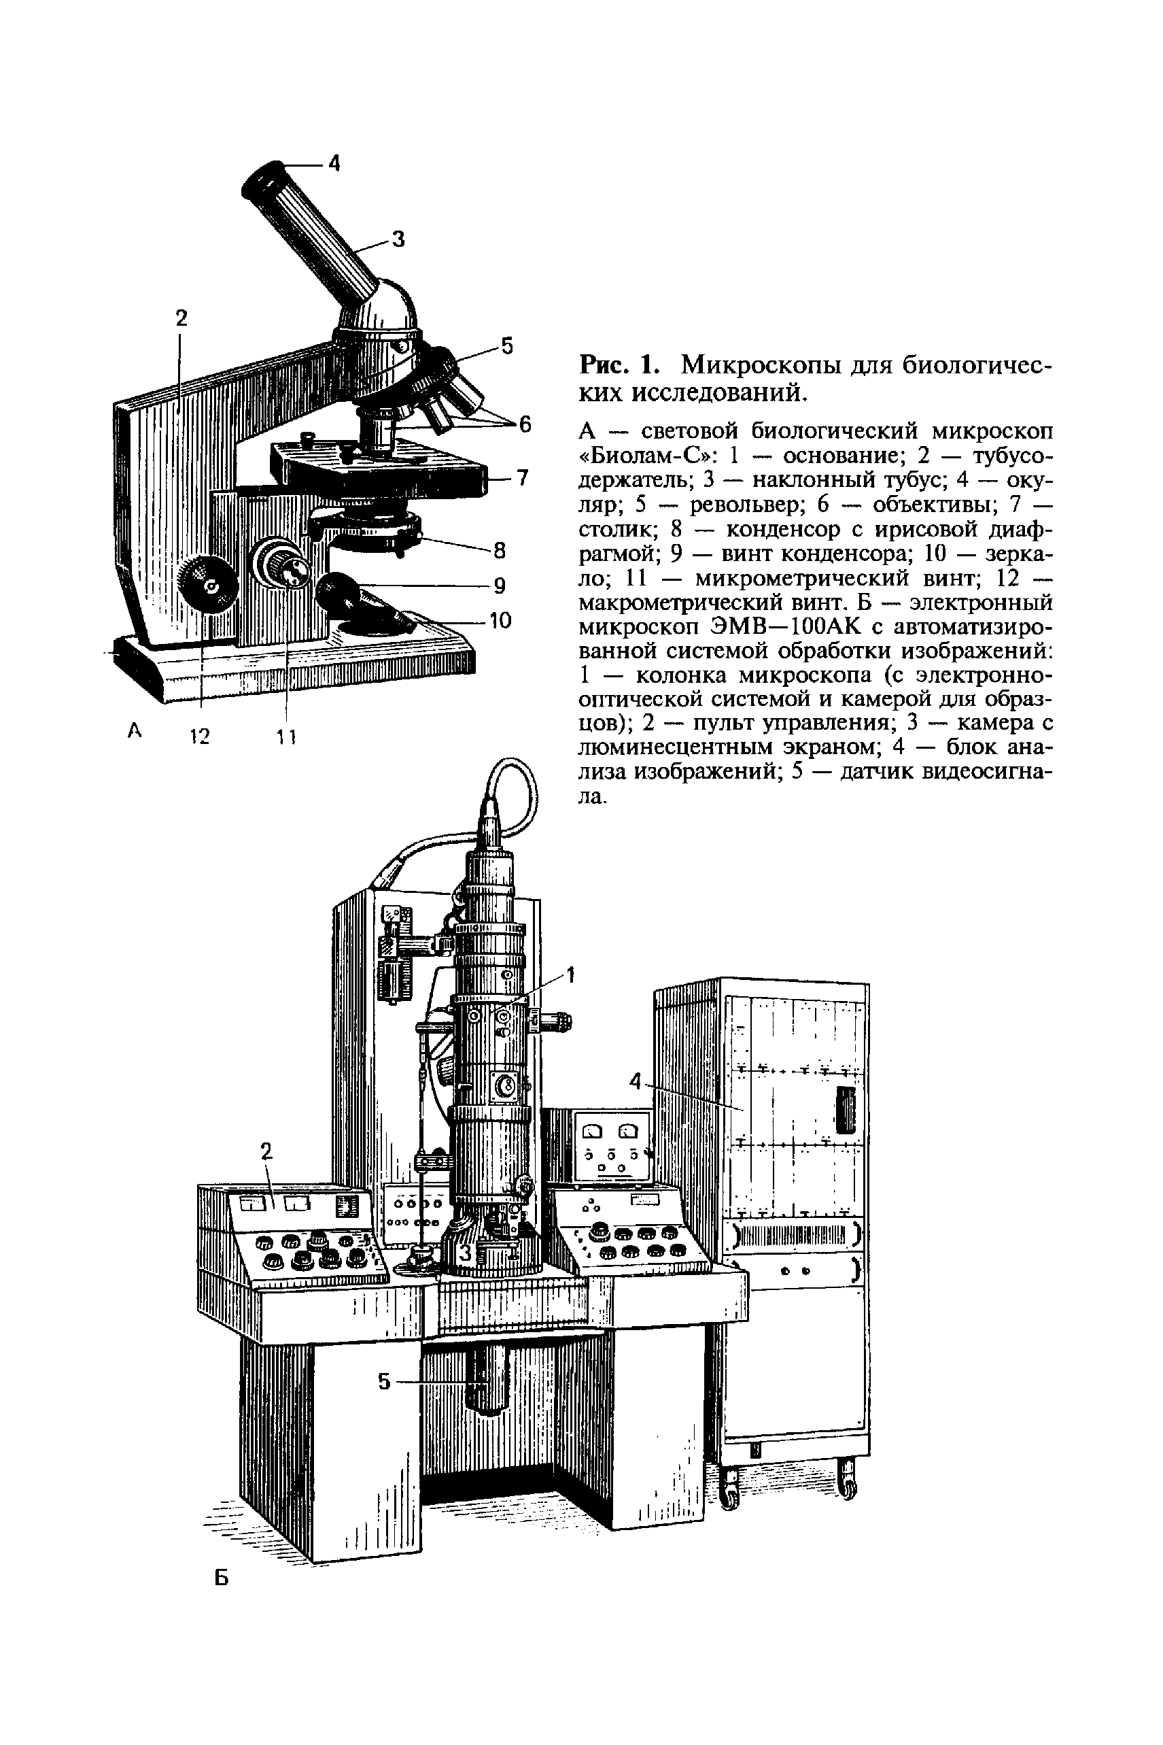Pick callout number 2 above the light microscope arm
(x=181, y=318)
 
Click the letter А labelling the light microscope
(x=135, y=731)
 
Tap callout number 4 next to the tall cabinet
(x=635, y=1083)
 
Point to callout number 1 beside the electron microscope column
(x=570, y=975)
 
